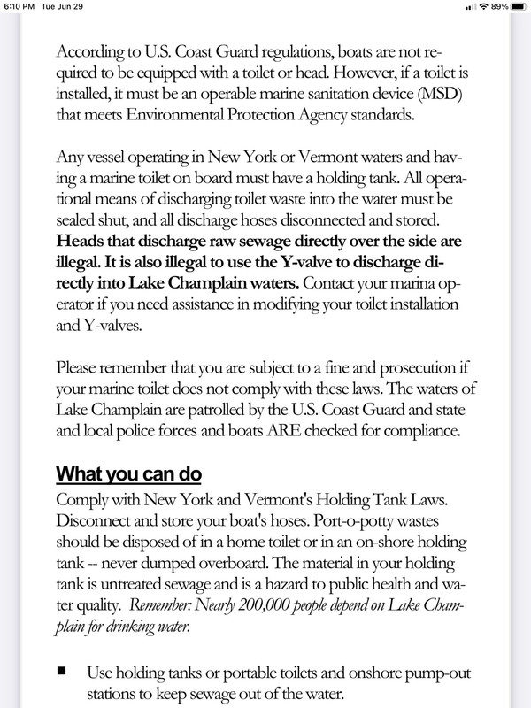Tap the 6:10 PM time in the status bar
tap(19, 8)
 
